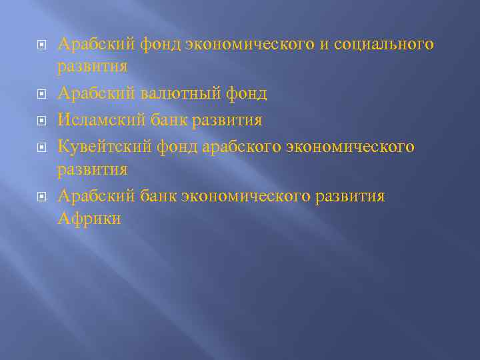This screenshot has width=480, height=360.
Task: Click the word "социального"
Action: [383, 45]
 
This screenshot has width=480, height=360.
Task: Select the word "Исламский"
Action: [99, 120]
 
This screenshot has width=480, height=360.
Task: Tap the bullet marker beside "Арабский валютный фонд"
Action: [41, 95]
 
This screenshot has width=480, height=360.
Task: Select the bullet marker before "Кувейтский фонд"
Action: [41, 146]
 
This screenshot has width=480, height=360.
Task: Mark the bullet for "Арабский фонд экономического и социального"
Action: [41, 45]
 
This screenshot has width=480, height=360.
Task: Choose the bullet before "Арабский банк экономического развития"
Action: [41, 196]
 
